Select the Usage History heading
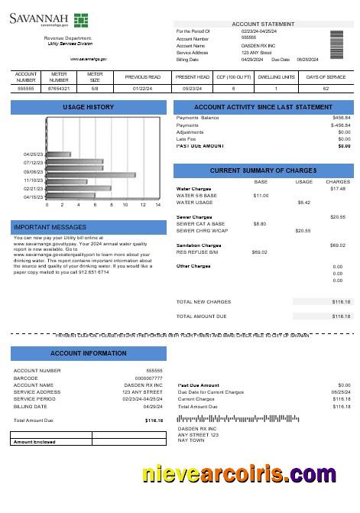click(83, 107)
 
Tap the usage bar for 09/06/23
click(91, 175)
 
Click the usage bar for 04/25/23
click(59, 154)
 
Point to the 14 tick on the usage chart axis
click(158, 205)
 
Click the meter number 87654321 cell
click(59, 89)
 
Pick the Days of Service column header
click(326, 77)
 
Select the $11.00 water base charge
click(260, 196)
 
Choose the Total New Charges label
click(203, 302)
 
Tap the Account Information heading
click(83, 353)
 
